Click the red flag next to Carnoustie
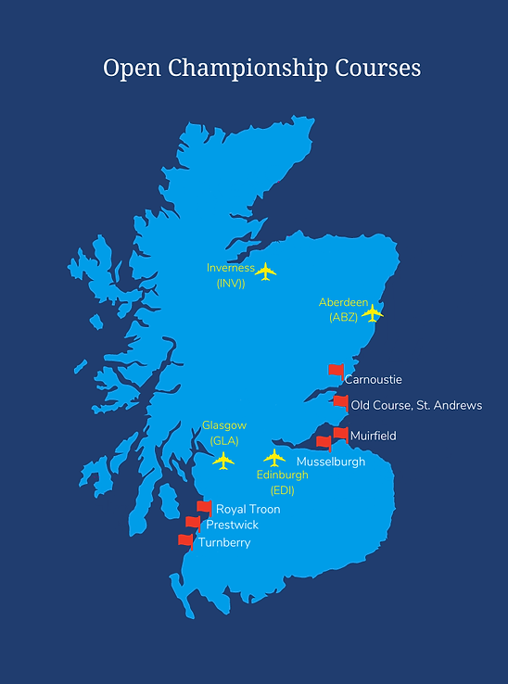click(x=336, y=370)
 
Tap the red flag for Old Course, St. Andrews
click(x=340, y=402)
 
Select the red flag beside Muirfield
click(x=340, y=433)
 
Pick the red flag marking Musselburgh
click(x=324, y=442)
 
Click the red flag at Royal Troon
click(x=204, y=507)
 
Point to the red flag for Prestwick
click(x=192, y=523)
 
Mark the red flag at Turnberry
click(x=185, y=539)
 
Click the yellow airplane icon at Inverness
click(x=266, y=271)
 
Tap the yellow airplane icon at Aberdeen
click(x=372, y=313)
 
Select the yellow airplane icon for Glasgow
click(x=223, y=460)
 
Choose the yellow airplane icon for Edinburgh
click(x=274, y=458)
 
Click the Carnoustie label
click(x=373, y=379)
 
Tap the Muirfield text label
click(x=373, y=435)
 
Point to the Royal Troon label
click(x=248, y=509)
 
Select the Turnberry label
click(x=224, y=542)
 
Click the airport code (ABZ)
click(x=343, y=316)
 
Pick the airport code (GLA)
click(x=224, y=440)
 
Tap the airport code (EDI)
click(x=283, y=489)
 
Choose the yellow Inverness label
click(x=231, y=268)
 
